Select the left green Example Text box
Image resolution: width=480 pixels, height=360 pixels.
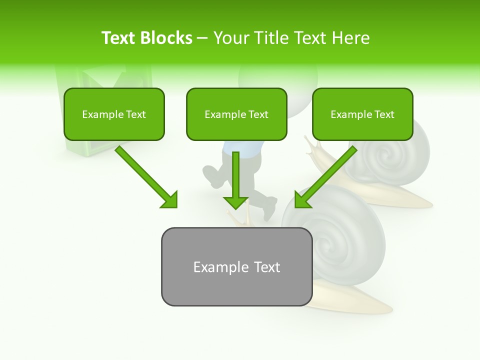pos(114,114)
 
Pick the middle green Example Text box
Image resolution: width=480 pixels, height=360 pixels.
pos(236,114)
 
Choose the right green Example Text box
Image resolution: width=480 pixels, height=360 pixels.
pos(362,114)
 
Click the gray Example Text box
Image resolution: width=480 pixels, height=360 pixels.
pos(236,266)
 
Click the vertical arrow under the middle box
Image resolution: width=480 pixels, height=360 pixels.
pos(236,175)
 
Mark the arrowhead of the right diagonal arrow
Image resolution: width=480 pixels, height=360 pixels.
pos(302,199)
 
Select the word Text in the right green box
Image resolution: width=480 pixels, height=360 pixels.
pos(384,114)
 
